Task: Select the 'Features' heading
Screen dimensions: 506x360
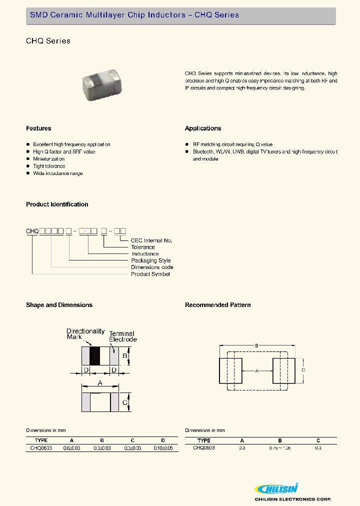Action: tap(38, 128)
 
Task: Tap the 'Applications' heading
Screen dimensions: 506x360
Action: tap(203, 128)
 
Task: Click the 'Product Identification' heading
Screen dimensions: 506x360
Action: tap(57, 204)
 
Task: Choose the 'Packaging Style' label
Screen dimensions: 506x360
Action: tap(151, 260)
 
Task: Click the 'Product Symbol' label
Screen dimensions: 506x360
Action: tap(150, 274)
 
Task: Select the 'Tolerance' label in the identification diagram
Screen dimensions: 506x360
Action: tap(143, 247)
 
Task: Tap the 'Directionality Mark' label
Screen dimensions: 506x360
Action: tap(85, 334)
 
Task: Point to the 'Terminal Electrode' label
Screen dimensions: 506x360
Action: tap(122, 336)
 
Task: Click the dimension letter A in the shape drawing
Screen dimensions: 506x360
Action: tap(100, 383)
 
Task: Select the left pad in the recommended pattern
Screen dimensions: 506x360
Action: tap(231, 370)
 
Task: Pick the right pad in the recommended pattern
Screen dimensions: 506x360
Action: tap(283, 370)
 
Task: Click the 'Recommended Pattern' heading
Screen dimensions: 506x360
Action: tap(218, 305)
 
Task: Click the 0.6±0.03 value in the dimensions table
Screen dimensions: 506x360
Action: tap(72, 448)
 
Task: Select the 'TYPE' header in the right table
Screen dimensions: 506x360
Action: tap(204, 440)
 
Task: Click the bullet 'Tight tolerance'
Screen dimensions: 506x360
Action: tap(49, 166)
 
